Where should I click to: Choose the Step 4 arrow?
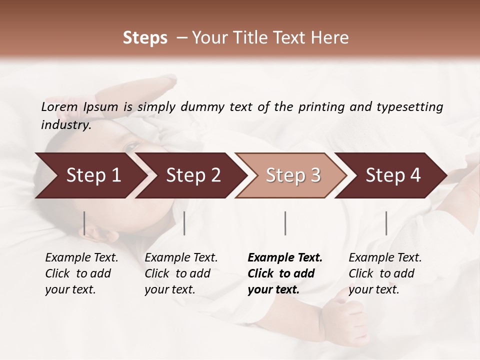click(x=393, y=175)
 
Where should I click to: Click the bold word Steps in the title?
click(x=145, y=38)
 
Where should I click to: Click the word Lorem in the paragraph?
click(x=59, y=106)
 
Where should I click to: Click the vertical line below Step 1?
click(x=84, y=223)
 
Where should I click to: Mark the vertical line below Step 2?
click(x=184, y=223)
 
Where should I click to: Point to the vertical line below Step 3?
click(x=285, y=223)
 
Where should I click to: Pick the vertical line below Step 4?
click(x=386, y=223)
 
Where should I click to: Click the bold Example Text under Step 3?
click(x=285, y=257)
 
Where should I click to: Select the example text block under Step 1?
click(x=81, y=273)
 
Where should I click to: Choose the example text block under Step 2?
click(x=180, y=273)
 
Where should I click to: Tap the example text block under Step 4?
click(x=384, y=273)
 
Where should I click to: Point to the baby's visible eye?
click(x=131, y=146)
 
